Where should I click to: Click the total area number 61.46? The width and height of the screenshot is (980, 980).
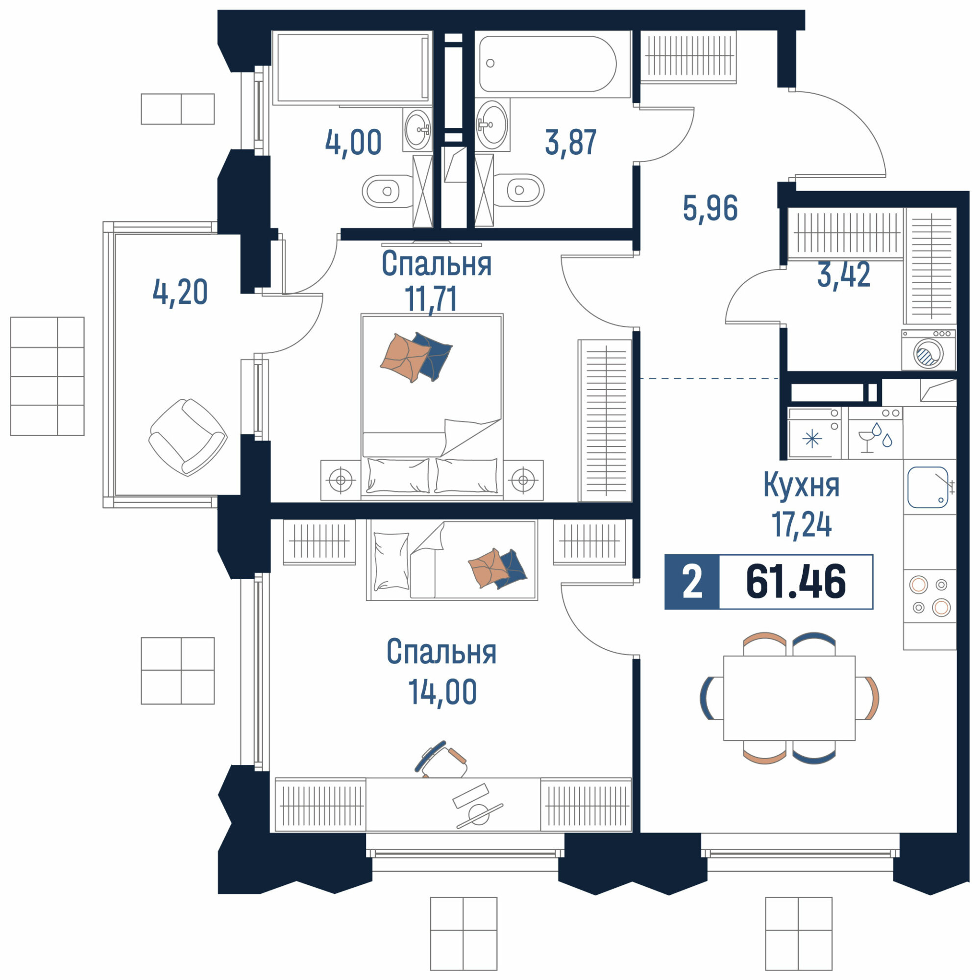click(x=795, y=582)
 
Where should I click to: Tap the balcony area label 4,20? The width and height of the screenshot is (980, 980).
click(x=180, y=292)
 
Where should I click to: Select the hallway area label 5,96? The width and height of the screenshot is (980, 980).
click(x=710, y=208)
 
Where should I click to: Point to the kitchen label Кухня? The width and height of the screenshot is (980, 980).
click(x=802, y=485)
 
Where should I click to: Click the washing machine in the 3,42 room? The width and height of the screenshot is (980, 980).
click(x=928, y=350)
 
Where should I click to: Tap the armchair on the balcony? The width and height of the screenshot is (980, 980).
click(x=188, y=437)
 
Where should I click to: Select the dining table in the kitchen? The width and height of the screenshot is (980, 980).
click(x=789, y=698)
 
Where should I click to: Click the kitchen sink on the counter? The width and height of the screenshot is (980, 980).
click(x=928, y=488)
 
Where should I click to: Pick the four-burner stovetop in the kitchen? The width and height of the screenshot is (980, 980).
click(x=930, y=595)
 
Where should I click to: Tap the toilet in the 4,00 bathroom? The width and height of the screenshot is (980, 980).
click(x=387, y=191)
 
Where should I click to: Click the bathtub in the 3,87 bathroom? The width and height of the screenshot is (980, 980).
click(x=547, y=64)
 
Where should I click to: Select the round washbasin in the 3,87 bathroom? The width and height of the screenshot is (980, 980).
click(x=492, y=124)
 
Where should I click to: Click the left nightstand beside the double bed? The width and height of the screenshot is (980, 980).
click(x=341, y=480)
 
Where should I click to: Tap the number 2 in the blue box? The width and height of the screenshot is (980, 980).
click(x=692, y=582)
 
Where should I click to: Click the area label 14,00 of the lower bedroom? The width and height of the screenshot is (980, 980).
click(x=442, y=692)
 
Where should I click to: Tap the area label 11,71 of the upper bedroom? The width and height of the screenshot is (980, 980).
click(x=431, y=299)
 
